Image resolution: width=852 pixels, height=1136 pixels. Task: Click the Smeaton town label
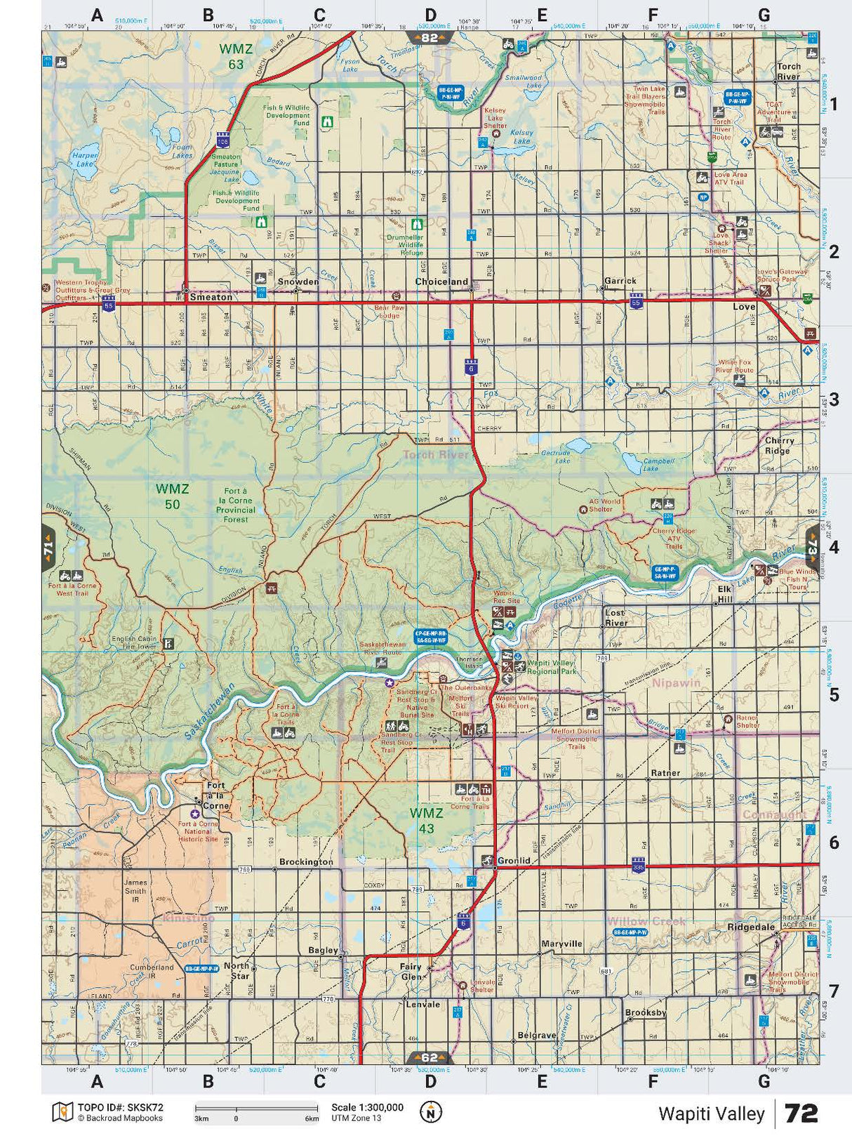(211, 298)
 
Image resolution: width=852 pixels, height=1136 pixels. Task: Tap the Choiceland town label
(441, 282)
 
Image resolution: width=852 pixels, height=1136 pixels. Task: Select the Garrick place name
(620, 281)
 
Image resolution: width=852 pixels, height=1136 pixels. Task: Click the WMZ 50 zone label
(172, 496)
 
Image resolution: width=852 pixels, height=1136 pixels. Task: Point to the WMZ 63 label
(235, 57)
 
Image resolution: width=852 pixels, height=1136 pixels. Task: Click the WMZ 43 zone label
(426, 820)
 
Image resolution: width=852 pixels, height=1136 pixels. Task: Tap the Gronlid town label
(514, 861)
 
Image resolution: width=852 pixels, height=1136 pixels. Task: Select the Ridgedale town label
(751, 927)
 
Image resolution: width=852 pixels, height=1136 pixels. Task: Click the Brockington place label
(306, 861)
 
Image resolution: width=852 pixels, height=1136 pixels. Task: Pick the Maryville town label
(561, 944)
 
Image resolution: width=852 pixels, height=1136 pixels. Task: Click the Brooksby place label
(645, 1012)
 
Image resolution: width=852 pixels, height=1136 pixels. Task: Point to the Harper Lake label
(84, 159)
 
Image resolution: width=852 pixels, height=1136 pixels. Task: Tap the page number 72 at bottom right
(801, 1114)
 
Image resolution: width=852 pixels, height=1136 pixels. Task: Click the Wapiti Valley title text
(711, 1114)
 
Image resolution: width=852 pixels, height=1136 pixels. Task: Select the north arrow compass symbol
(430, 1112)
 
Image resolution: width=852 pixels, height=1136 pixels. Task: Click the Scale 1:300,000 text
(367, 1107)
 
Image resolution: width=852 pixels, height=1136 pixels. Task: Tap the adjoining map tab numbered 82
(430, 38)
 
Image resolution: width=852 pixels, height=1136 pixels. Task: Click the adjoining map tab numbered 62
(430, 1057)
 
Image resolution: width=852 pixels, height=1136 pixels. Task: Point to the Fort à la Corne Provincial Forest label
(235, 506)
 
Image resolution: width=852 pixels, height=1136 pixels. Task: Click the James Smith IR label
(135, 887)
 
